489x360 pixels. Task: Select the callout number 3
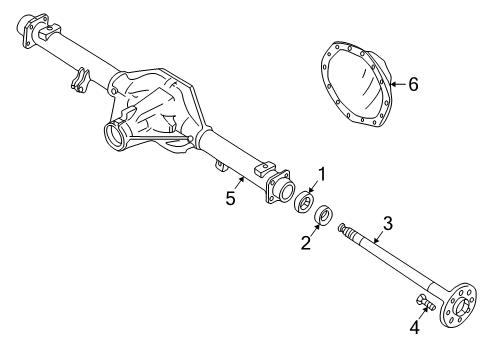click(387, 224)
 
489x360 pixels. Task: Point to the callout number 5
click(230, 198)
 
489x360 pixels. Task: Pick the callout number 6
click(413, 85)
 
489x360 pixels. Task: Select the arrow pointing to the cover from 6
click(396, 84)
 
